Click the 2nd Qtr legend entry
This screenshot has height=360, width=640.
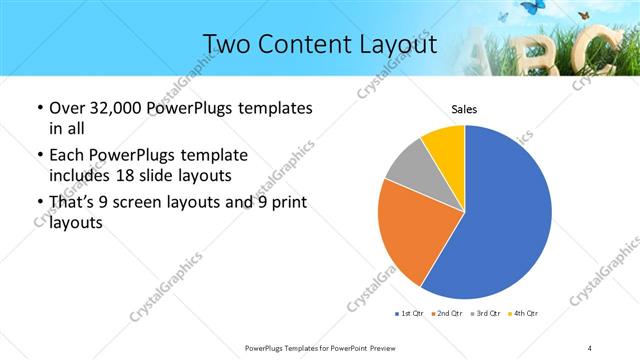(x=448, y=314)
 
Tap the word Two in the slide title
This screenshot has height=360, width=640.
(x=226, y=45)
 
